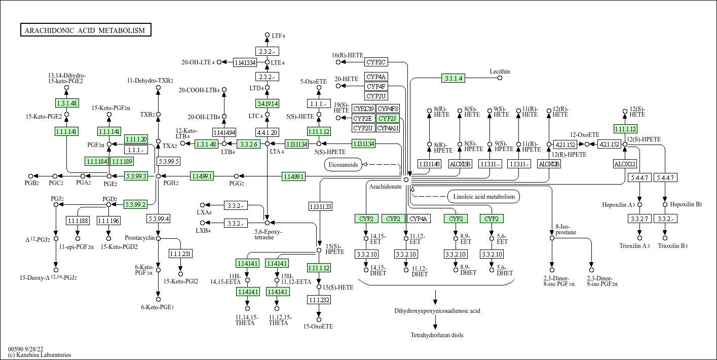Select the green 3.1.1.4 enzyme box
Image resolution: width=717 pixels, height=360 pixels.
[453, 78]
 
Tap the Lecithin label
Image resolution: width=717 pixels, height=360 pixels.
[500, 71]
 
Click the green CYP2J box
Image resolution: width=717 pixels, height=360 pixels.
[388, 119]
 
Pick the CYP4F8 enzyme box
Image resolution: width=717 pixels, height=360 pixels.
[388, 109]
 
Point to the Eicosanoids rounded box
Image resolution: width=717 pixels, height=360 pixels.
[343, 165]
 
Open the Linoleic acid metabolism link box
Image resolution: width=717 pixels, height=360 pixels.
[483, 197]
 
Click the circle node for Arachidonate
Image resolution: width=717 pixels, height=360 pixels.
[406, 180]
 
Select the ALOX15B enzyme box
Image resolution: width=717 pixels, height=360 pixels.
[460, 164]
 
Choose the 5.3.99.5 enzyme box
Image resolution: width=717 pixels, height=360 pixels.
[168, 161]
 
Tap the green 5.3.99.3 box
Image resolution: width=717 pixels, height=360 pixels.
[136, 176]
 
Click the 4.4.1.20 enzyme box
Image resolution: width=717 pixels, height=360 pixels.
[267, 133]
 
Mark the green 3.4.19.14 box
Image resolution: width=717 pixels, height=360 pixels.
[267, 104]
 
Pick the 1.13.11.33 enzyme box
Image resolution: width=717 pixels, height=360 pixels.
[320, 206]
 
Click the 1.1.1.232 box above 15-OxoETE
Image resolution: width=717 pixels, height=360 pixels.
[319, 300]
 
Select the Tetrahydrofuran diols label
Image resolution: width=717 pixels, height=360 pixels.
[437, 335]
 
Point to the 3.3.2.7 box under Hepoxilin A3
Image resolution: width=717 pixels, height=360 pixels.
[639, 219]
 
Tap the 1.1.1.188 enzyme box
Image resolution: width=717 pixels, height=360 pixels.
[78, 221]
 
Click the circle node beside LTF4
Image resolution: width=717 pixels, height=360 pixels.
[267, 35]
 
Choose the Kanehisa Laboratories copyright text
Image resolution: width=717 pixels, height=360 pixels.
[40, 355]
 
